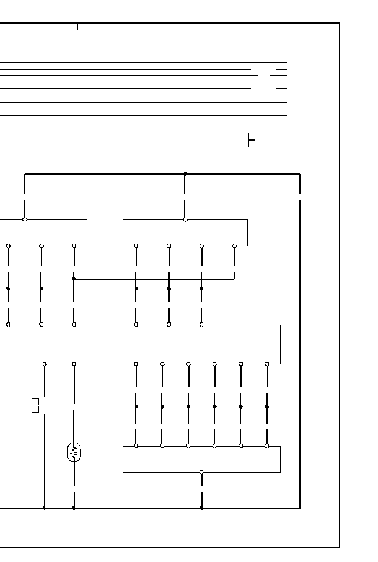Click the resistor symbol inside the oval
coord(74,453)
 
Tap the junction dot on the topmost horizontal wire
coord(185,174)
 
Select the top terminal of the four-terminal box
coord(185,219)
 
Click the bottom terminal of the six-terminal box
coord(201,472)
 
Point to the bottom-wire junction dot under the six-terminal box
coord(201,508)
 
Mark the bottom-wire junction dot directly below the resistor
coord(74,508)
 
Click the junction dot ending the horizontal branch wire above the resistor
coord(74,278)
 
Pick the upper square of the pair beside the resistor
coord(35,402)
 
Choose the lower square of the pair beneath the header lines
coord(252,144)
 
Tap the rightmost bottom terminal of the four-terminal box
coord(234,246)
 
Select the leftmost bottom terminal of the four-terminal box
coord(136,246)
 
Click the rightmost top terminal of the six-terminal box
coord(267,446)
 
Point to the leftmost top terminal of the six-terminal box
coord(136,446)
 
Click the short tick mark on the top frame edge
coord(77,27)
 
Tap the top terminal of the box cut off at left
coord(25,219)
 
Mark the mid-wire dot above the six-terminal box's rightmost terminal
coord(267,407)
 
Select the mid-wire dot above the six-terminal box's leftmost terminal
coord(136,407)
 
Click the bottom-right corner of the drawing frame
coord(340,548)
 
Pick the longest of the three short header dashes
coord(278,76)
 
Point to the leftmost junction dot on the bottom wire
coord(44,508)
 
